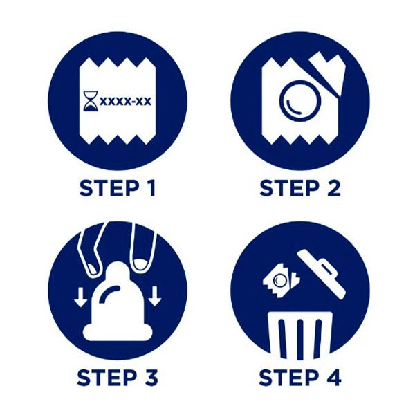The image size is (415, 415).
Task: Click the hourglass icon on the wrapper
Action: click(91, 101)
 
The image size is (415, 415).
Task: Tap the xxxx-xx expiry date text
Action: click(125, 101)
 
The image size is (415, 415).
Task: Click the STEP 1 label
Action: click(118, 188)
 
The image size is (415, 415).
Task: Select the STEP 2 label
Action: click(300, 188)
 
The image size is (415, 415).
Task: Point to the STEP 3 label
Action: click(118, 377)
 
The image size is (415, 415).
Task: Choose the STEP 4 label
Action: click(300, 377)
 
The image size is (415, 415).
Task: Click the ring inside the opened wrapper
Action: click(300, 101)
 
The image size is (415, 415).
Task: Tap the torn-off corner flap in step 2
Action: click(328, 71)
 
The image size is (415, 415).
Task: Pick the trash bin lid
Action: click(322, 274)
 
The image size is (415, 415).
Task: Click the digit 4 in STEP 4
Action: click(333, 377)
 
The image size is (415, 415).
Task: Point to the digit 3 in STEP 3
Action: click(151, 377)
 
